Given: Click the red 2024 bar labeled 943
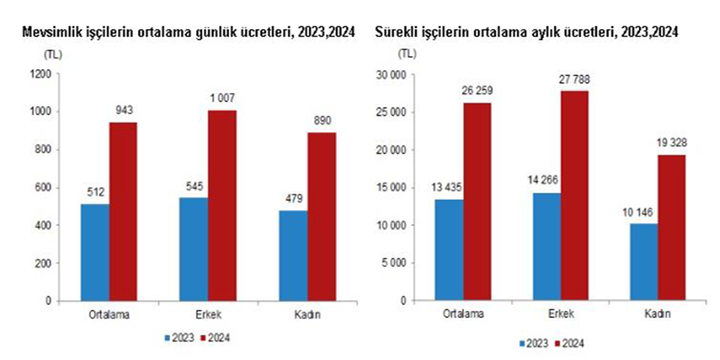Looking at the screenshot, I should [x=123, y=212].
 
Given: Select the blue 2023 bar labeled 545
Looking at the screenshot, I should [x=194, y=249].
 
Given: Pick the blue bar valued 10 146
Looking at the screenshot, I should [x=644, y=262].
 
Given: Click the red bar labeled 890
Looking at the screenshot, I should [x=321, y=217].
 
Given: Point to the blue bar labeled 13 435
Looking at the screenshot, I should [x=449, y=250].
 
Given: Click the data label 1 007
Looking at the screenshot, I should [x=222, y=99].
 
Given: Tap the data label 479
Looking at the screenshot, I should [x=293, y=198].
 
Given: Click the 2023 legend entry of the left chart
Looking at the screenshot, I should [x=179, y=339].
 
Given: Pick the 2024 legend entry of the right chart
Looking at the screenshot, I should [x=568, y=344].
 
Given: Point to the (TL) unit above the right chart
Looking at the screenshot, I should [x=407, y=54].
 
